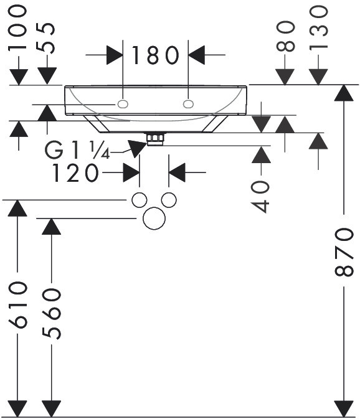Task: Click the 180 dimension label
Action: pos(155,55)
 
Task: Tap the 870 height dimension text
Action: pos(344,252)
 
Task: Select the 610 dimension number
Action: pos(17,304)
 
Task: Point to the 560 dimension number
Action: pos(51,314)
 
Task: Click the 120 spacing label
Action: pos(75,173)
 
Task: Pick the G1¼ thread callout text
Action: pos(77,151)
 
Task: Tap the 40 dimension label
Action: pos(260,196)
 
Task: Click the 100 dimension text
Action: pos(17,29)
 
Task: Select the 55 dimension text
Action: pos(45,38)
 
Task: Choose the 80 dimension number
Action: pos(285,36)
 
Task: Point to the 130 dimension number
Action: pos(318,28)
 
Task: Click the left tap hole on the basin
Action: pos(123,104)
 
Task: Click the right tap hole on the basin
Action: pos(189,104)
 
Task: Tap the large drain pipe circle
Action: pos(154,218)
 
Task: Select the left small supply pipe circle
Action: pos(140,200)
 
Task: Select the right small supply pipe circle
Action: pos(169,200)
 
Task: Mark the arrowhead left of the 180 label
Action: pos(115,55)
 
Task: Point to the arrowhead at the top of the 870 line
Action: pos(344,93)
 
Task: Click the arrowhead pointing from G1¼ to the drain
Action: pos(138,148)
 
